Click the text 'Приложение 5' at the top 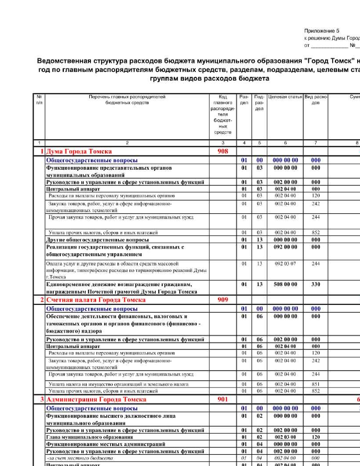tap(322, 31)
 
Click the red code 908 tap(223, 151)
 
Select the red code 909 tap(223, 300)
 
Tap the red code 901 tap(223, 399)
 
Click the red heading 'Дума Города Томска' tap(79, 151)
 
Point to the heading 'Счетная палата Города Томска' tap(96, 300)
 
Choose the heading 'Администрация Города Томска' tap(96, 399)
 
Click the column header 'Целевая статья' tap(285, 97)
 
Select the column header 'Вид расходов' tap(316, 100)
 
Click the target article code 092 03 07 tap(285, 264)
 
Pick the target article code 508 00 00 tap(285, 284)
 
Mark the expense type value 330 tap(316, 284)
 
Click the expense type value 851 tap(316, 384)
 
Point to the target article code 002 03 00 tap(285, 437)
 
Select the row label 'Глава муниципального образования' tap(90, 437)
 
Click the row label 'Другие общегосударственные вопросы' tap(97, 240)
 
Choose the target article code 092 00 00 tap(285, 247)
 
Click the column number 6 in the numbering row tap(285, 143)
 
